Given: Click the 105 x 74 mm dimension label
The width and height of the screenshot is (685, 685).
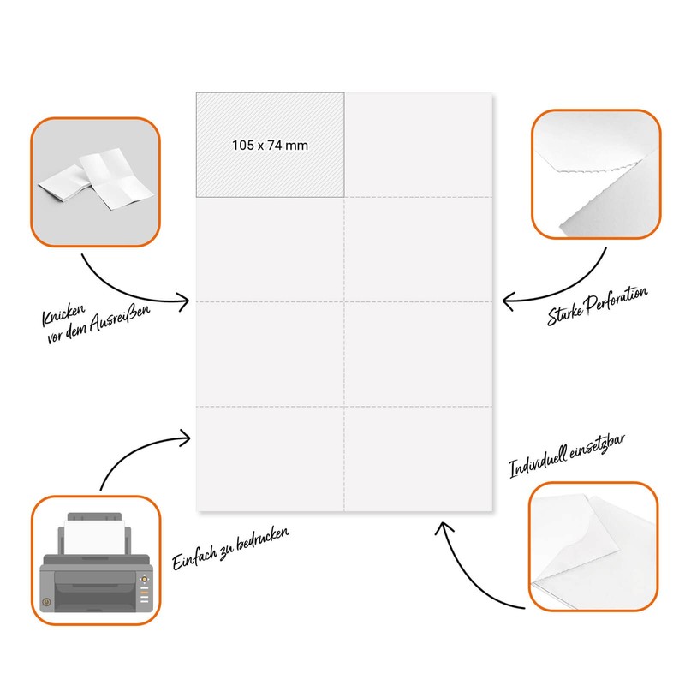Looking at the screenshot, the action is click(270, 145).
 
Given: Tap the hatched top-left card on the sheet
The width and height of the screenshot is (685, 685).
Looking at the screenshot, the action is click(270, 145).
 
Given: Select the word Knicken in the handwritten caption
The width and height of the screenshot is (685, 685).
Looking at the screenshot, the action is click(63, 314).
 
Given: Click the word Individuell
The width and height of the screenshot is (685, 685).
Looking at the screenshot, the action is click(539, 462).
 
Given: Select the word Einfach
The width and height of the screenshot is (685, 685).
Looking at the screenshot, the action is click(194, 558).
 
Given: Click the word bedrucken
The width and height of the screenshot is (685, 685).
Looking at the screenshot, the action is click(263, 539).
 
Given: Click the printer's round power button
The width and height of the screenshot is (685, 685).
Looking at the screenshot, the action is click(46, 602).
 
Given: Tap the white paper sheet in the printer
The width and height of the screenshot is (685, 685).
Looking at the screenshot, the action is click(94, 537).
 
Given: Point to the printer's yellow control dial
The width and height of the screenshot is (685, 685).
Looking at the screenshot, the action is click(144, 580).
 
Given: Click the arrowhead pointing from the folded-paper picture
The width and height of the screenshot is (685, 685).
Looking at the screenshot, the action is click(184, 301).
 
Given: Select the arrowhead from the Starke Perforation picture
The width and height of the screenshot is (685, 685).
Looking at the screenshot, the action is click(507, 301).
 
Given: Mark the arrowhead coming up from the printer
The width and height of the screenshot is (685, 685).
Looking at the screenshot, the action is click(186, 438).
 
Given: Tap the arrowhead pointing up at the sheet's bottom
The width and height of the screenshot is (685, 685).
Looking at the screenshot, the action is click(443, 527).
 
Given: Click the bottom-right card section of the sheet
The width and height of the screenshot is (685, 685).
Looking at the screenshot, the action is click(418, 459).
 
